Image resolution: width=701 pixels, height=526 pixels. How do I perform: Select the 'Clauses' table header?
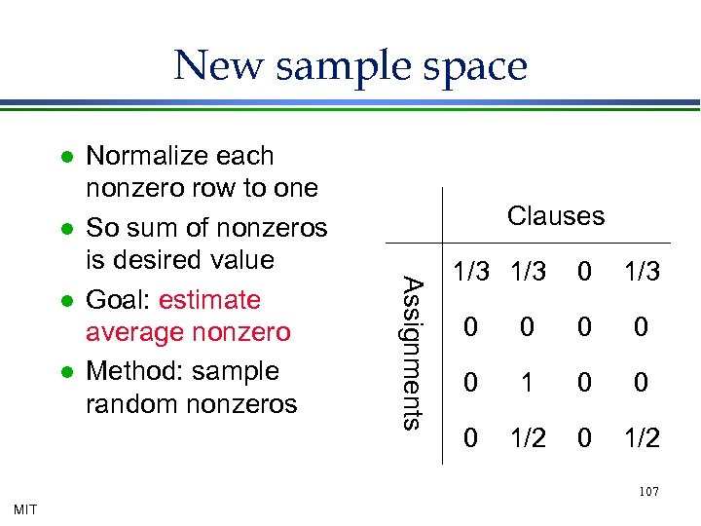[x=556, y=215]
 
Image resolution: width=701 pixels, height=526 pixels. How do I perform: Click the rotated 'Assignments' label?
[x=413, y=354]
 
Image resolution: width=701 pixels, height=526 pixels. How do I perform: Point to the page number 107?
[x=648, y=492]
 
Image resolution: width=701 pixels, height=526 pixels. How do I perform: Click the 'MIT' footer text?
[x=25, y=508]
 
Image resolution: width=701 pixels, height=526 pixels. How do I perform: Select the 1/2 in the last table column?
[x=641, y=439]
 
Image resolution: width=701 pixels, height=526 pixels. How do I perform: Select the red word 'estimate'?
[x=209, y=300]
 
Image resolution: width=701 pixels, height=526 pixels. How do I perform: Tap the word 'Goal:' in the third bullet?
[x=118, y=300]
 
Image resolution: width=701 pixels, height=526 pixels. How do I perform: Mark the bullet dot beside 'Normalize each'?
[x=64, y=157]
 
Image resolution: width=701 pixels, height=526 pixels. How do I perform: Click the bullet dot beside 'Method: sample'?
[x=64, y=372]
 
